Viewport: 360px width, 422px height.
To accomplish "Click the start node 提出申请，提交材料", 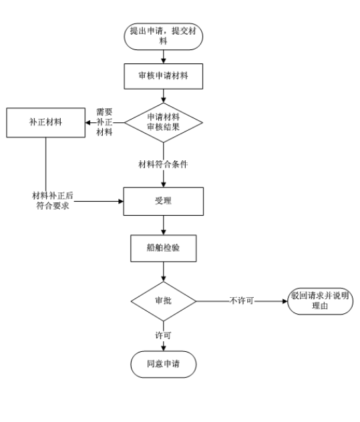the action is tap(163, 36).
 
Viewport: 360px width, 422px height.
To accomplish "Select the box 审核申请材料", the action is tap(163, 76).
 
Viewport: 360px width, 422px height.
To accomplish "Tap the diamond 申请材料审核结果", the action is tap(163, 122).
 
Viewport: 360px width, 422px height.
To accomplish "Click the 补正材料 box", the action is tap(46, 123).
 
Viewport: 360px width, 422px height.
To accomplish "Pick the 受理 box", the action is tap(163, 201).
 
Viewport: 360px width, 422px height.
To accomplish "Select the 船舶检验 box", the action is tap(163, 248).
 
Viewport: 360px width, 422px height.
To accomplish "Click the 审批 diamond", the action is tap(163, 301).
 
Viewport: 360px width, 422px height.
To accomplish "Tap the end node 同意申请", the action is tap(163, 364).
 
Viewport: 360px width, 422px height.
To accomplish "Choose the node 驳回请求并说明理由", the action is tap(320, 301).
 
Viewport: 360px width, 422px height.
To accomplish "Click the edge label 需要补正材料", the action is tap(104, 122).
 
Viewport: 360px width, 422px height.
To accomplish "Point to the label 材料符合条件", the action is tap(163, 164).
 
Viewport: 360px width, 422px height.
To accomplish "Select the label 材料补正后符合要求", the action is tap(53, 200).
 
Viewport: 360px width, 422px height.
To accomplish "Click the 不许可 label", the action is tap(242, 300).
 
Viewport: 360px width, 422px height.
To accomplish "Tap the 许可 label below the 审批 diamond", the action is tap(163, 335).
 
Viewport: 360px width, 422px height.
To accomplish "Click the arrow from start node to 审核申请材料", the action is tap(163, 57).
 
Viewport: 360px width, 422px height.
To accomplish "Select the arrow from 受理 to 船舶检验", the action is tap(163, 225).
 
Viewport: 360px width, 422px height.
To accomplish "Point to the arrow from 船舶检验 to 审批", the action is tap(163, 272).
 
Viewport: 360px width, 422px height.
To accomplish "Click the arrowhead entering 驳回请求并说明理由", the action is tap(285, 301).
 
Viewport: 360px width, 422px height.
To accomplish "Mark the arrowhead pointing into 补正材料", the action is tap(88, 123).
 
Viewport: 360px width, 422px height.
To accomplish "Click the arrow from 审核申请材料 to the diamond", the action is tap(163, 96).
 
